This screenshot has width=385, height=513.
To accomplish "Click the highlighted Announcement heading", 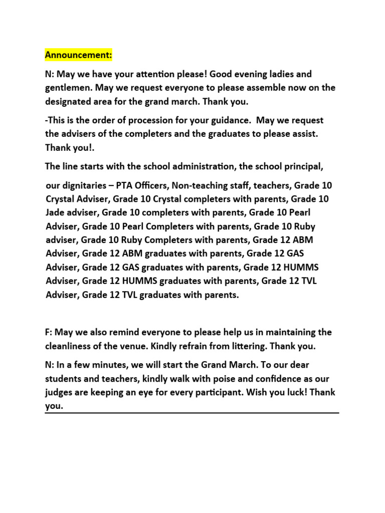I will tap(78, 54).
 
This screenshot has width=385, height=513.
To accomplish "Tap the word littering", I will tap(240, 346).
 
